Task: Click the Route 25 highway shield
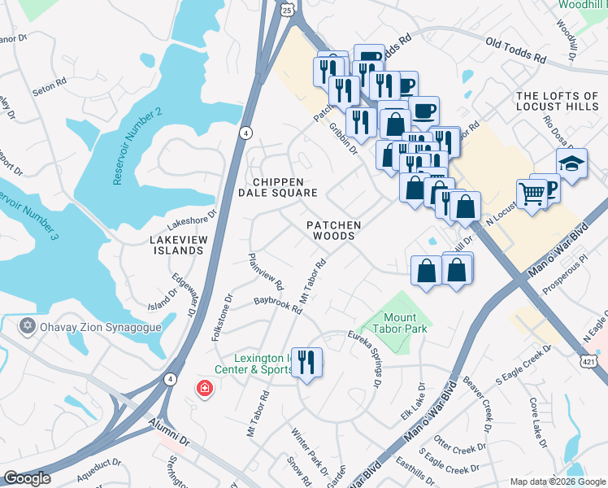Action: pos(286,10)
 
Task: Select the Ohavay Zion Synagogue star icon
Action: pos(28,327)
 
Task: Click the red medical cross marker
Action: pos(202,389)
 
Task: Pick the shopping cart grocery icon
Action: pos(532,195)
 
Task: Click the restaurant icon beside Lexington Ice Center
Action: pos(306,361)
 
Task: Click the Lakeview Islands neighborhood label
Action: pos(176,245)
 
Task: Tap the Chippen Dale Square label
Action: pos(277,187)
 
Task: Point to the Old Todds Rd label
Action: pos(516,50)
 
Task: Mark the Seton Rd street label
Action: pos(49,85)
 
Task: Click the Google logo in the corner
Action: pos(28,478)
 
